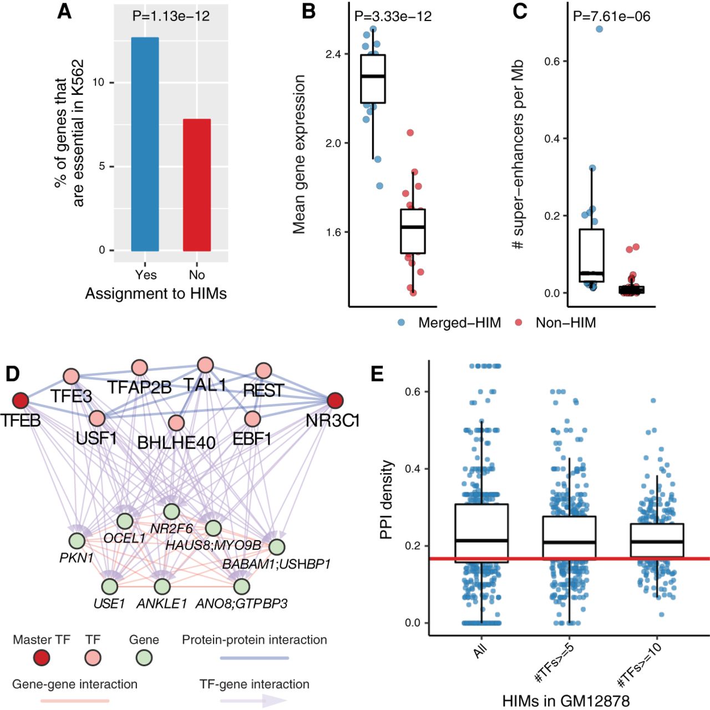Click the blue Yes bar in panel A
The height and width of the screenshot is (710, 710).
[145, 144]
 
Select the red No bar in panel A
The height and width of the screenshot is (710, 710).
[197, 185]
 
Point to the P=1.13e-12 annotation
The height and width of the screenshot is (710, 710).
[171, 16]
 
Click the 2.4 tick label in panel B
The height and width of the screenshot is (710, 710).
[333, 54]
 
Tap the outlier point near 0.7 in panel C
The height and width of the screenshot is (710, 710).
[599, 29]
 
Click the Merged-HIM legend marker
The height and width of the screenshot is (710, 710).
[402, 322]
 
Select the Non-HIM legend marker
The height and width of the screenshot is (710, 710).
[519, 322]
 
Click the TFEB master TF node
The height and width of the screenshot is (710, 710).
[21, 400]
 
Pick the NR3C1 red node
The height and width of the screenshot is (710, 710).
[334, 400]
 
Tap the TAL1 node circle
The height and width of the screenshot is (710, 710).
[205, 365]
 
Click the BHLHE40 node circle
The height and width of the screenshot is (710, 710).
[176, 423]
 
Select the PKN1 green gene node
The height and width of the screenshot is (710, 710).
[77, 540]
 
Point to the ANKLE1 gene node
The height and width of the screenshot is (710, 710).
[162, 586]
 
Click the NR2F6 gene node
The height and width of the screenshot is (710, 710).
[171, 511]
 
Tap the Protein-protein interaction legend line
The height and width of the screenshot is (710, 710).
[255, 658]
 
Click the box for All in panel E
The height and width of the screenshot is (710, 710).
[481, 532]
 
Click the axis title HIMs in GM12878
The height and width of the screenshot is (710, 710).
[566, 701]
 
